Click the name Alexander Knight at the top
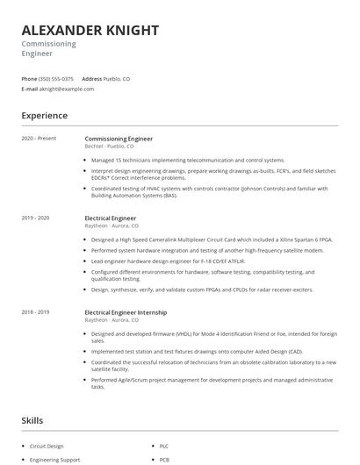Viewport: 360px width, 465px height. pyautogui.click(x=90, y=31)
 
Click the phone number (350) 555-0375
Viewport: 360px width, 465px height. pyautogui.click(x=56, y=78)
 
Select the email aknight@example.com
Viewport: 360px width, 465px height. pyautogui.click(x=67, y=89)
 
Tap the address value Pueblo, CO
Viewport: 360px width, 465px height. pyautogui.click(x=117, y=78)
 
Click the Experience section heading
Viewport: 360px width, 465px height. pyautogui.click(x=45, y=116)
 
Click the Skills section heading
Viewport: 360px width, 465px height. pyautogui.click(x=32, y=421)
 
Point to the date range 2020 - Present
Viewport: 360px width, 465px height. pyautogui.click(x=39, y=139)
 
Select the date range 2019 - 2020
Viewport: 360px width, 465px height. pyautogui.click(x=36, y=218)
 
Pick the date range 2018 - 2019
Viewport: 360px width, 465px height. pyautogui.click(x=36, y=312)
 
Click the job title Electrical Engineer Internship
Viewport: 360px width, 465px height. pyautogui.click(x=126, y=312)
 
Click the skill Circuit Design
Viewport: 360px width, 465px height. pyautogui.click(x=47, y=446)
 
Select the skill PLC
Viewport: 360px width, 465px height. pyautogui.click(x=164, y=446)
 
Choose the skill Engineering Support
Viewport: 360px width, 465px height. pyautogui.click(x=54, y=459)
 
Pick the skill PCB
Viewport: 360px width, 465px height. pyautogui.click(x=164, y=459)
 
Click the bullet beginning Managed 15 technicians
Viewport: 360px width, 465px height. pyautogui.click(x=188, y=160)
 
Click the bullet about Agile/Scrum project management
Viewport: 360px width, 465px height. pyautogui.click(x=211, y=383)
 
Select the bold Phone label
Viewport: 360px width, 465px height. pyautogui.click(x=29, y=78)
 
